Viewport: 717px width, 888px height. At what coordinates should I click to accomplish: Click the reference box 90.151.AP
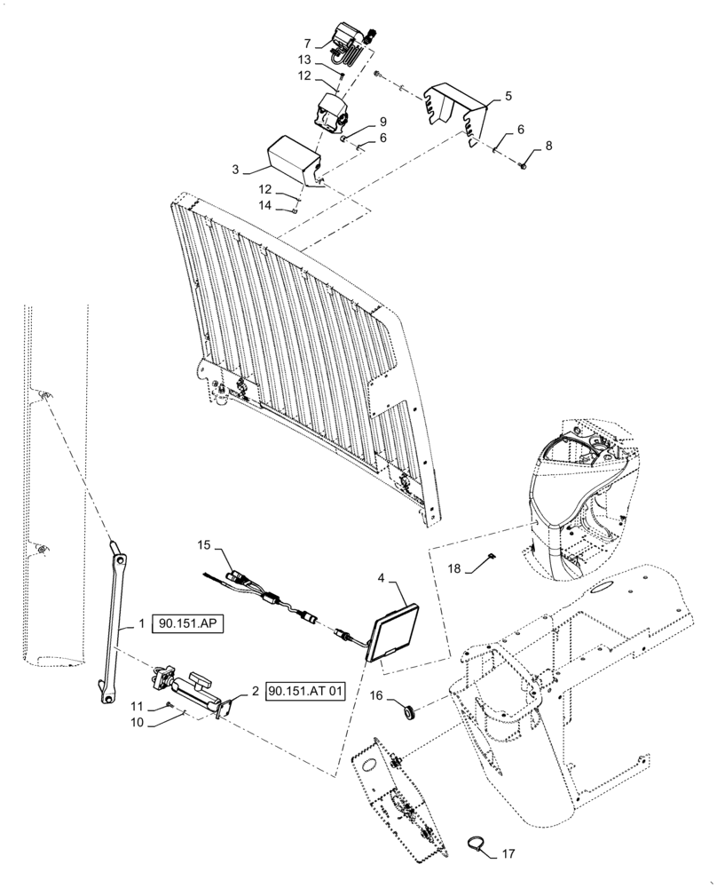coord(187,624)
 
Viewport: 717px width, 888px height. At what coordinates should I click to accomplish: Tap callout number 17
coord(507,854)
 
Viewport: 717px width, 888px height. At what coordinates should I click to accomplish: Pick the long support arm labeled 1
coord(113,627)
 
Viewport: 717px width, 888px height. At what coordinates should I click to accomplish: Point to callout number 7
coord(306,44)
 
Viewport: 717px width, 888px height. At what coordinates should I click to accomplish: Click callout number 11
coord(136,706)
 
